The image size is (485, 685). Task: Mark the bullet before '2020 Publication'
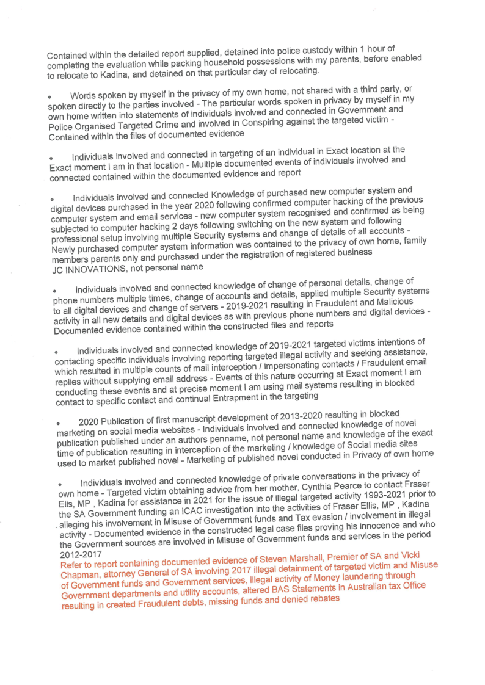pyautogui.click(x=59, y=422)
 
